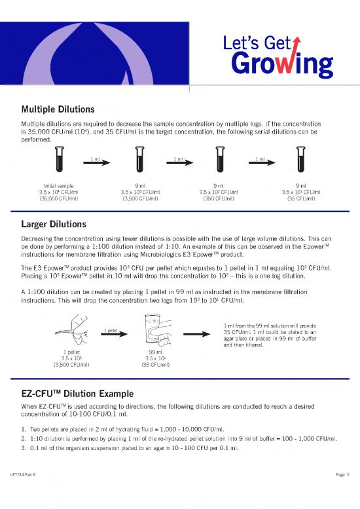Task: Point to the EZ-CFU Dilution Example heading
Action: (x=78, y=394)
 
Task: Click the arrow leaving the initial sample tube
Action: (x=96, y=162)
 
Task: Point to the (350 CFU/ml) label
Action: (x=219, y=198)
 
